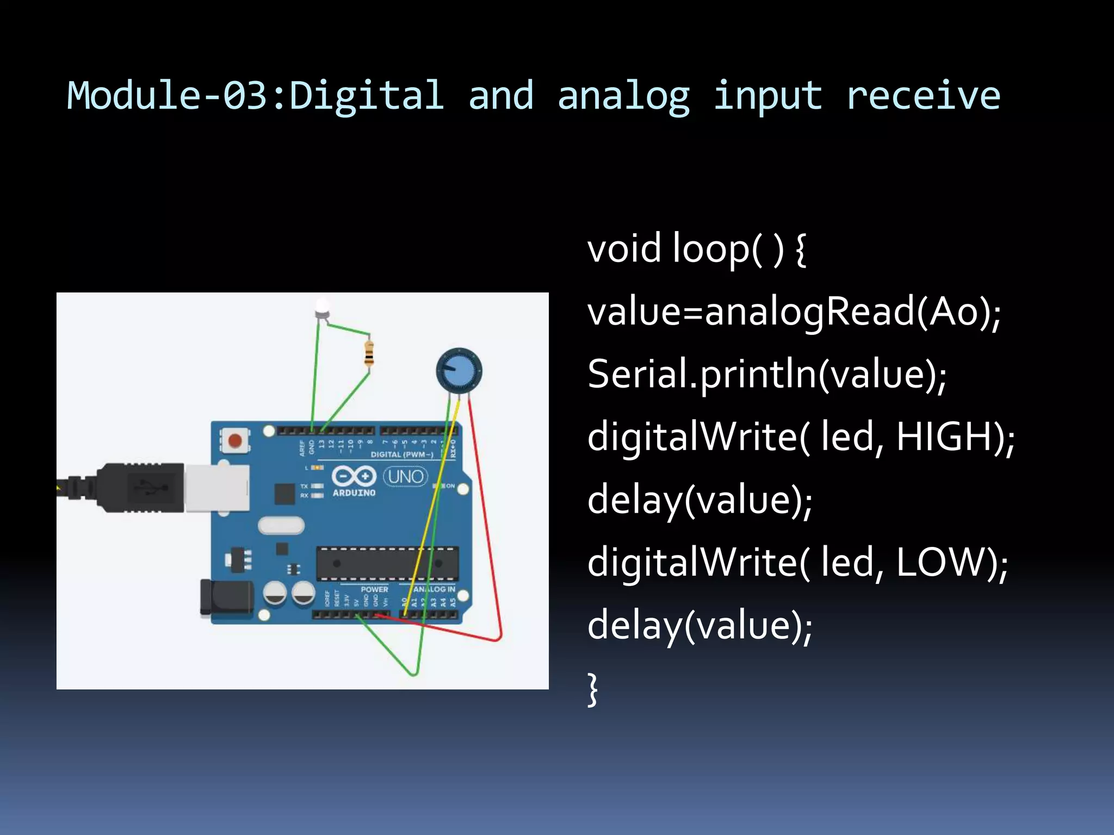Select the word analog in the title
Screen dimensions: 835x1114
point(624,96)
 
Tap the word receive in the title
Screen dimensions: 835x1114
point(923,96)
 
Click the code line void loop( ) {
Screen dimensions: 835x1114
point(696,249)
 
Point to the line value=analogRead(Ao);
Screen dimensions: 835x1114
point(794,312)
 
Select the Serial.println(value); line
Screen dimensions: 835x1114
point(767,375)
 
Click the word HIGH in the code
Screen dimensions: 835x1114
point(949,437)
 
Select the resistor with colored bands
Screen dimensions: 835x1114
point(369,353)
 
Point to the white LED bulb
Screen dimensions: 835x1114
point(322,308)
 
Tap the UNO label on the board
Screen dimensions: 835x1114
point(406,477)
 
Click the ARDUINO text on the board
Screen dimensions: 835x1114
point(354,493)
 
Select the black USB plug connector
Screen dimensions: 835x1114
point(141,488)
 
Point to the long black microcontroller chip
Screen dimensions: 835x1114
point(387,563)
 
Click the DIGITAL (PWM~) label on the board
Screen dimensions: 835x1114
point(402,454)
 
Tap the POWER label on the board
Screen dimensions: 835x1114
point(374,589)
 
